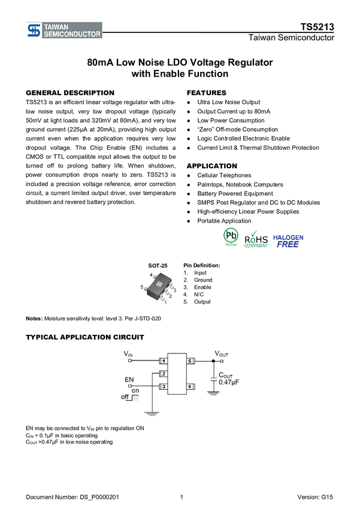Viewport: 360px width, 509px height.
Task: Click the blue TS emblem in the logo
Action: [34, 31]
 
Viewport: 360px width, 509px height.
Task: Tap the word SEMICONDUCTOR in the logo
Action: [72, 34]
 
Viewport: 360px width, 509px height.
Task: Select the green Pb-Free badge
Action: [230, 237]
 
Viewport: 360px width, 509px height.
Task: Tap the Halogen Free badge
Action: [288, 241]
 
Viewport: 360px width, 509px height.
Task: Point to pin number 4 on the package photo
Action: [152, 275]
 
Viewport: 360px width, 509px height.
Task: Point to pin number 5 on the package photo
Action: [142, 287]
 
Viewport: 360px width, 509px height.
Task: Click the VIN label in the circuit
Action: [128, 355]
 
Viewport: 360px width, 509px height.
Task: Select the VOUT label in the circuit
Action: [222, 355]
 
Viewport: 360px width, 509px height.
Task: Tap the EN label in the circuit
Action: [129, 380]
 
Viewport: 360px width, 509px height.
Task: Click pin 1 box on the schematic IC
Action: [162, 362]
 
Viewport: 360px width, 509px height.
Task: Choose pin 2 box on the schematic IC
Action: [162, 374]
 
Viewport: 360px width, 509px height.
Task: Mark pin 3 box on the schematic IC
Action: [162, 387]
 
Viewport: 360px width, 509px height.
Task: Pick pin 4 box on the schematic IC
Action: [190, 387]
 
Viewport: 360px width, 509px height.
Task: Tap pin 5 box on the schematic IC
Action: [190, 362]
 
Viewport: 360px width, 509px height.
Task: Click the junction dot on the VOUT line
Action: [213, 362]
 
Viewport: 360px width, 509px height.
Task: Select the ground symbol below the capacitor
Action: [213, 392]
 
